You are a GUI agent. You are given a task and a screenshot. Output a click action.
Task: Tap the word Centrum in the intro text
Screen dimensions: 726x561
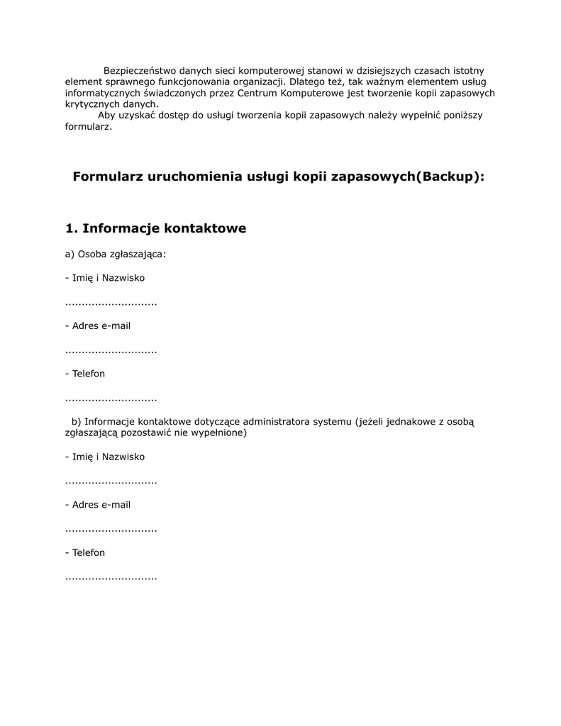(258, 93)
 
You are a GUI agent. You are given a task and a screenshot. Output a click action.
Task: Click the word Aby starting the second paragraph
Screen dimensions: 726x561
(106, 116)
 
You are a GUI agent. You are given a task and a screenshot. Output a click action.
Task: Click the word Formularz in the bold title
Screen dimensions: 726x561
(108, 177)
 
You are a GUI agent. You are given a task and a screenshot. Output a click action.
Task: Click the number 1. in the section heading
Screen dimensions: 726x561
(71, 228)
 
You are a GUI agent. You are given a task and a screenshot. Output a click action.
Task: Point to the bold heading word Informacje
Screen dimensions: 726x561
(121, 228)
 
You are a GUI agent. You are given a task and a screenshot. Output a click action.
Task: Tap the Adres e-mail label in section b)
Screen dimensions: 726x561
(97, 505)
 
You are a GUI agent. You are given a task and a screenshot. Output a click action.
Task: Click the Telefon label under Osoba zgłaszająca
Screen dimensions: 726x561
(84, 374)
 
